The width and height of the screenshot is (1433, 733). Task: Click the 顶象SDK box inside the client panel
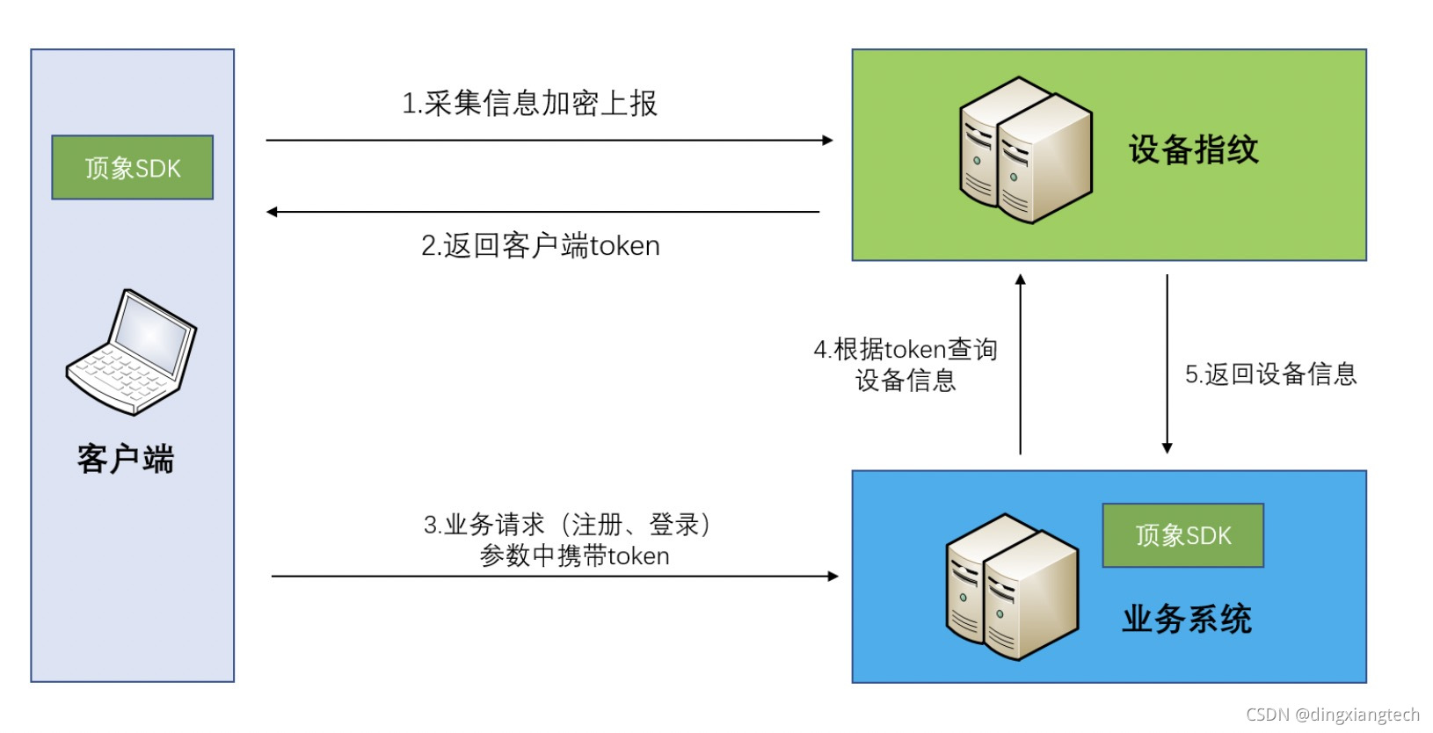tap(132, 167)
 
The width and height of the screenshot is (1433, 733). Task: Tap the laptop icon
tap(132, 352)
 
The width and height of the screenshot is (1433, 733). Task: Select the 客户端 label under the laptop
tap(126, 459)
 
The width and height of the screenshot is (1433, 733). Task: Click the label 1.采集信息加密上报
tap(529, 104)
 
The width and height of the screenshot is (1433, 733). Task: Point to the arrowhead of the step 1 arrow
tap(827, 140)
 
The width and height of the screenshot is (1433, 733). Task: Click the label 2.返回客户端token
tap(540, 245)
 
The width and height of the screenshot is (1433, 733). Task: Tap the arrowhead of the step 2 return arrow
tap(273, 212)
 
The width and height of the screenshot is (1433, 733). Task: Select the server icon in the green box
tap(1025, 149)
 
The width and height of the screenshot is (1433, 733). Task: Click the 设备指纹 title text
tap(1193, 149)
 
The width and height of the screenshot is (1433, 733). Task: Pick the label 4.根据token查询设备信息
tap(906, 364)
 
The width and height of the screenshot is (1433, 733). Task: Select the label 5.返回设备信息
tap(1270, 374)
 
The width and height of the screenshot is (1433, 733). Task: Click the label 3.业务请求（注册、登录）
tap(568, 525)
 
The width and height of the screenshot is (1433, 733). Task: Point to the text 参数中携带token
tap(574, 555)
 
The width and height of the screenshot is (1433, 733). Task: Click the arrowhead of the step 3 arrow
tap(833, 577)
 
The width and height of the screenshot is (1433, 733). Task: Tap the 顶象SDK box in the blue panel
tap(1182, 535)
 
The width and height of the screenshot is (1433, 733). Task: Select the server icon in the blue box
tap(1011, 586)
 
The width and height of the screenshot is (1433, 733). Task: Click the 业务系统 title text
tap(1186, 619)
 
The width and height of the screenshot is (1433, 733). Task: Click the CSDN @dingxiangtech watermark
tap(1332, 715)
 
